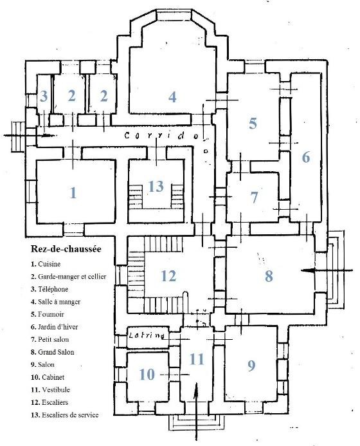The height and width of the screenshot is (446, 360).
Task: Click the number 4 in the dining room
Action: [172, 97]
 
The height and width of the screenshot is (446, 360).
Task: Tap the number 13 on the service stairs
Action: [156, 187]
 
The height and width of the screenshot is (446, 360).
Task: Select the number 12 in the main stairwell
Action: [168, 275]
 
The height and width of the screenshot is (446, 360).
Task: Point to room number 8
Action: [269, 275]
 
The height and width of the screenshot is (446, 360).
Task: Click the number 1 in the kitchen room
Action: [73, 193]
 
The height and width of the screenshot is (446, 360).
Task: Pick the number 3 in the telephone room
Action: [44, 96]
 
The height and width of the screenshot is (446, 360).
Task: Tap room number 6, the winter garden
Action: [306, 157]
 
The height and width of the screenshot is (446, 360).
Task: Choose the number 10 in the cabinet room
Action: [147, 375]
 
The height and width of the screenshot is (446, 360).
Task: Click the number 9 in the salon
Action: [251, 365]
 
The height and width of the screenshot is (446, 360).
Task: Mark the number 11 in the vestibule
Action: [197, 359]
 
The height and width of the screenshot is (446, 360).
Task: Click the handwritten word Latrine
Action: [147, 336]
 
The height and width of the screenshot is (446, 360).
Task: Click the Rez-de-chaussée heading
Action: [66, 249]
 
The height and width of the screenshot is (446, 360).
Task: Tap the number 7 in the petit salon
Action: [254, 198]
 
